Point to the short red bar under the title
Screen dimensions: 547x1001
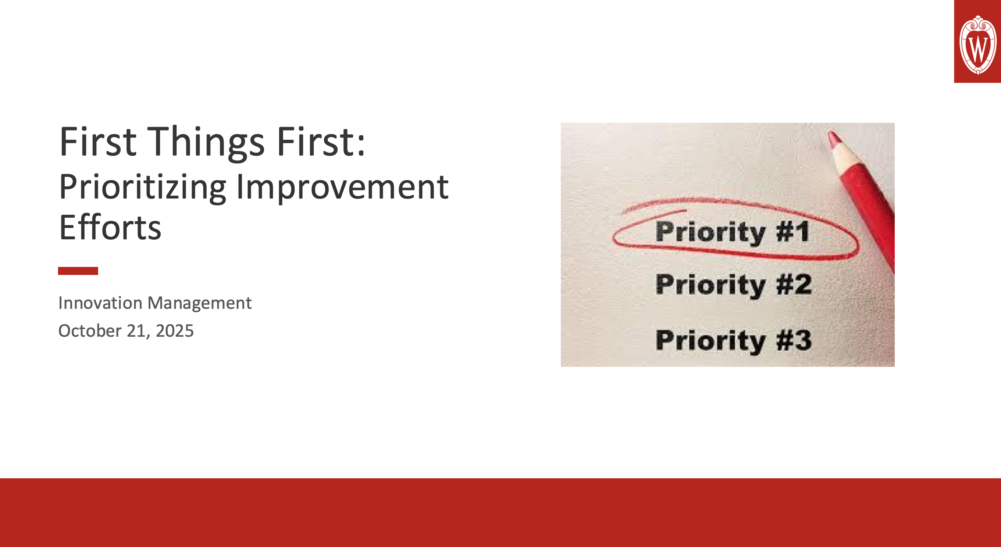coord(78,271)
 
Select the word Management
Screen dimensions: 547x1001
coord(199,303)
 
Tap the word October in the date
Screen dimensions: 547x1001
coord(90,331)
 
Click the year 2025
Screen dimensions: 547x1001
coord(174,331)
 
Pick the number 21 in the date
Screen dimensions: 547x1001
coord(136,331)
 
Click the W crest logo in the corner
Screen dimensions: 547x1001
coord(978,45)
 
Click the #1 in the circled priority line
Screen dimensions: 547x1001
coord(793,232)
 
